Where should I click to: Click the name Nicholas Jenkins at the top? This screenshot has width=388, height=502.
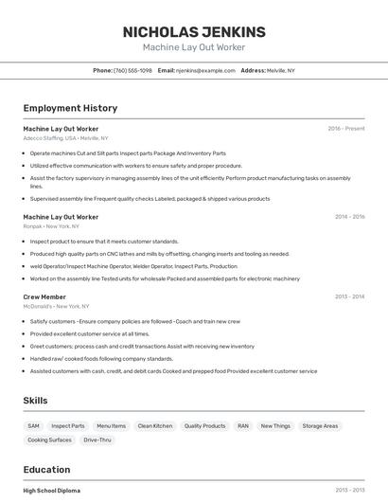coord(194,32)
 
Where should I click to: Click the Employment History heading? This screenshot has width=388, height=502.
coord(70,108)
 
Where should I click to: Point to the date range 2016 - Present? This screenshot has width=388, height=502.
coord(346,129)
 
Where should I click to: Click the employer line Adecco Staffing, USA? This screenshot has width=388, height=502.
coord(65,137)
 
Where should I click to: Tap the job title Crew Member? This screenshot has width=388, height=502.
coord(44,296)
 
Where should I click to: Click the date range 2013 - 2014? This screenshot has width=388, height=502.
coord(349,296)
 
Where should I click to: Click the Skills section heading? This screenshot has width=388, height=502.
coord(36,401)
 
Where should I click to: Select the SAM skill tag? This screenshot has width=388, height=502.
coord(34,426)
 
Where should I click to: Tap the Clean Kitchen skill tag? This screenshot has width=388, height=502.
coord(155,426)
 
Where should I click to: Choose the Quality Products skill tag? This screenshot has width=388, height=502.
coord(204,426)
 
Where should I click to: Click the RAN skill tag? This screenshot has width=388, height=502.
coord(243,426)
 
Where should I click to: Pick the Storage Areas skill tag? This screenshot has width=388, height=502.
coord(320,426)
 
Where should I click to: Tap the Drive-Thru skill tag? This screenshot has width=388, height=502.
coord(97,440)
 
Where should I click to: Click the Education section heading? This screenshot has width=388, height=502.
coord(46,470)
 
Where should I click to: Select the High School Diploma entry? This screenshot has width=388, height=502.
coord(52,491)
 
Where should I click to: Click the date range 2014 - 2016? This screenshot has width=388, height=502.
coord(349,217)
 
